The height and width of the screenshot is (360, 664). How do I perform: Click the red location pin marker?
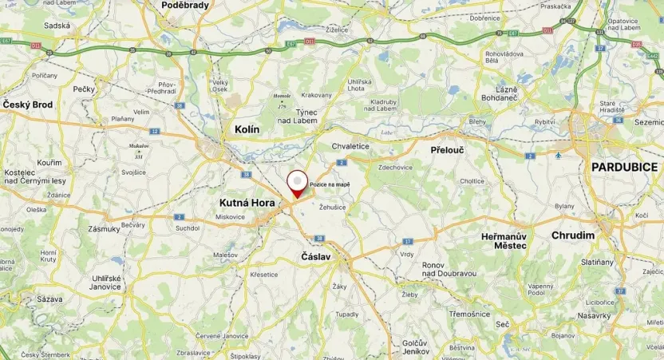click(297, 182)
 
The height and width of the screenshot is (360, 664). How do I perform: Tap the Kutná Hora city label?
click(247, 203)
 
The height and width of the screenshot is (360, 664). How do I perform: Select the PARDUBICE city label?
click(624, 167)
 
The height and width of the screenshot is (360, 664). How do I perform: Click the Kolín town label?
click(247, 129)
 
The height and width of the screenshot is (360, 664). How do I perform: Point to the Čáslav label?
click(315, 257)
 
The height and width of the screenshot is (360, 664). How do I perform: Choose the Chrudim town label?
click(573, 235)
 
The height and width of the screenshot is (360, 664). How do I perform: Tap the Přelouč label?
click(447, 149)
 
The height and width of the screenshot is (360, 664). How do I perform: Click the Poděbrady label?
click(184, 5)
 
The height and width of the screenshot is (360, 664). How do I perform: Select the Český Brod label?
click(28, 105)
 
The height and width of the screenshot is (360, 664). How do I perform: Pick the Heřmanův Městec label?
click(504, 241)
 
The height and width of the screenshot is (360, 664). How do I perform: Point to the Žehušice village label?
click(331, 208)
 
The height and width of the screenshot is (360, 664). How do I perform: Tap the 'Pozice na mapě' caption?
click(330, 184)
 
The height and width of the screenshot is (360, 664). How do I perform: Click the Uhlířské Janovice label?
click(105, 282)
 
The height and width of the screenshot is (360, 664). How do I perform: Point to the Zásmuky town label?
click(105, 228)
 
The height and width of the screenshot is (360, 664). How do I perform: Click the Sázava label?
click(49, 299)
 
